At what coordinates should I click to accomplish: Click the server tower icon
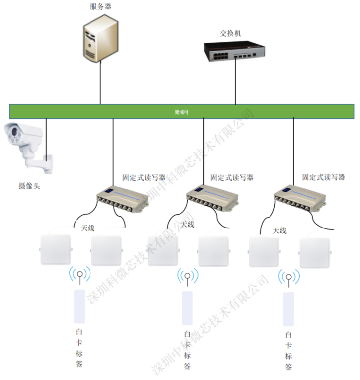coord(101,39)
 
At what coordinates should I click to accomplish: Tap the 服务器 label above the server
coord(101,7)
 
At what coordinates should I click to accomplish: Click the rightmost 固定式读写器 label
coord(323,177)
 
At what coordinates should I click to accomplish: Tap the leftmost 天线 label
coord(88,228)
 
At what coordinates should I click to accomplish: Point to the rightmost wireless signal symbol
coord(288,279)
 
